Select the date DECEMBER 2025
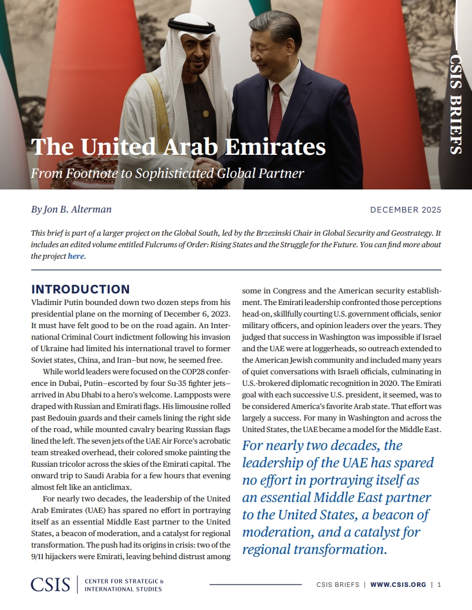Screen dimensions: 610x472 [405, 210]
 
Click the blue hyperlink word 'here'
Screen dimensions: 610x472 [76, 256]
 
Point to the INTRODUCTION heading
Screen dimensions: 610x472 [80, 289]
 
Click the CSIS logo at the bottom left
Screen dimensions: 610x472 [50, 584]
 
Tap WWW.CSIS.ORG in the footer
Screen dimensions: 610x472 [398, 585]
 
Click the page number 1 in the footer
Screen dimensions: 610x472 [440, 585]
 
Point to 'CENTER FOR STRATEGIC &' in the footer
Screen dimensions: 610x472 [124, 581]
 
